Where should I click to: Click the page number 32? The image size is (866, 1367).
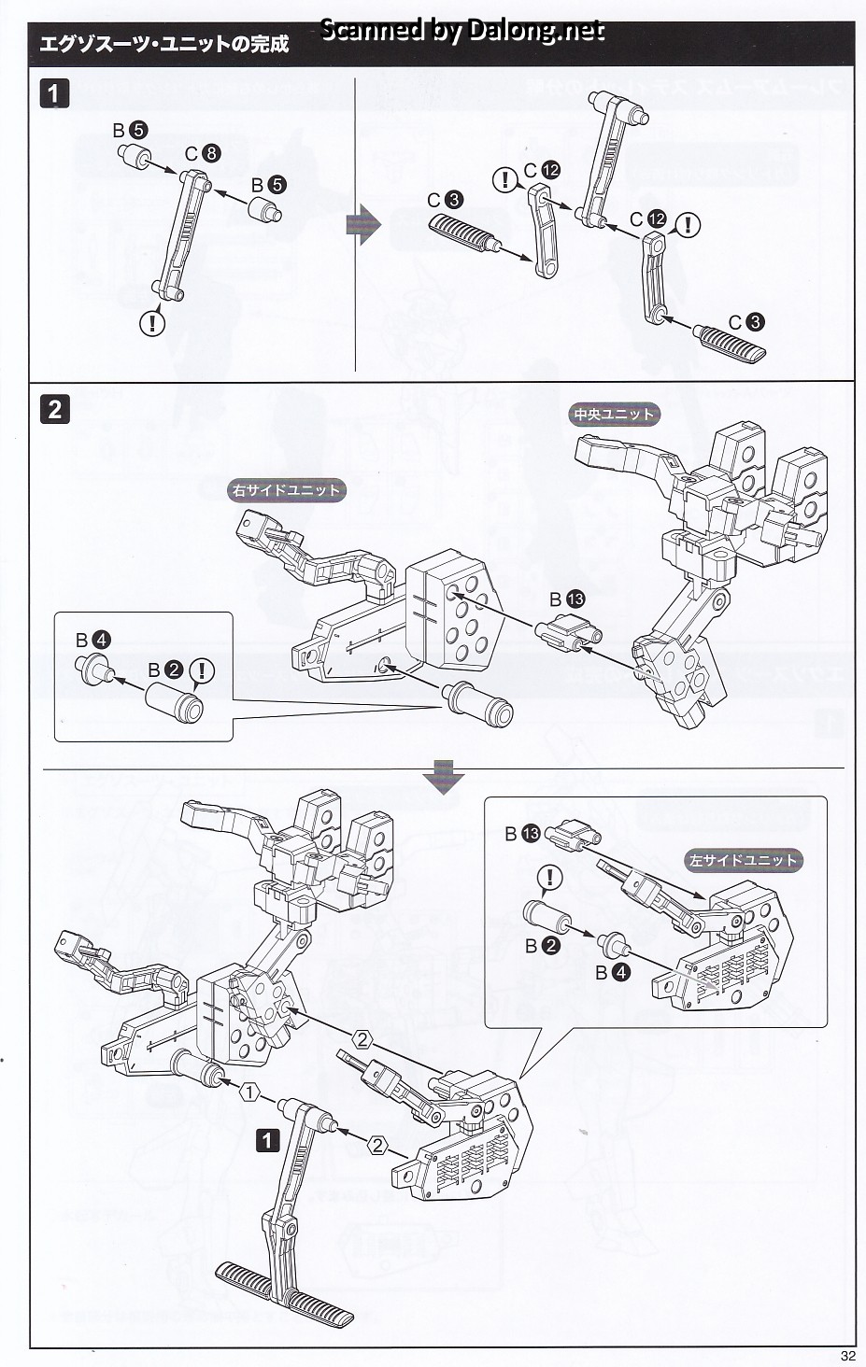[x=847, y=1356]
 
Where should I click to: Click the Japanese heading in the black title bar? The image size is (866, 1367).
[x=164, y=44]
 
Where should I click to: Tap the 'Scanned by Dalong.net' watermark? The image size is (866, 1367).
[x=462, y=31]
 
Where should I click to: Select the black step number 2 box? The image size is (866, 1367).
[x=55, y=409]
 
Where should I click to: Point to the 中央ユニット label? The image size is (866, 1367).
[x=614, y=414]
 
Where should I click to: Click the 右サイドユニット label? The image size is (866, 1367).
[x=286, y=489]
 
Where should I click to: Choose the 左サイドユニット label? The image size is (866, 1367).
[x=744, y=860]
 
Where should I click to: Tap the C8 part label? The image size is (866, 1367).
[x=203, y=153]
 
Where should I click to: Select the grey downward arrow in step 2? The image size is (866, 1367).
[x=442, y=777]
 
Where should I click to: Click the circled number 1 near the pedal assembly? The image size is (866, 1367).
[x=248, y=1091]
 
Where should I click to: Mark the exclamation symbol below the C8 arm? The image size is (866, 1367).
[x=152, y=323]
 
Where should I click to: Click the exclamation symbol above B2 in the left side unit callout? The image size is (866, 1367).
[x=551, y=878]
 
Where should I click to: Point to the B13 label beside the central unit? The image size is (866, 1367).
[x=566, y=599]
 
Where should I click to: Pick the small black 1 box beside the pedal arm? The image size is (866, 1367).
[x=268, y=1140]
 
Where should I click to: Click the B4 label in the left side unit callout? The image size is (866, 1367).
[x=613, y=972]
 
